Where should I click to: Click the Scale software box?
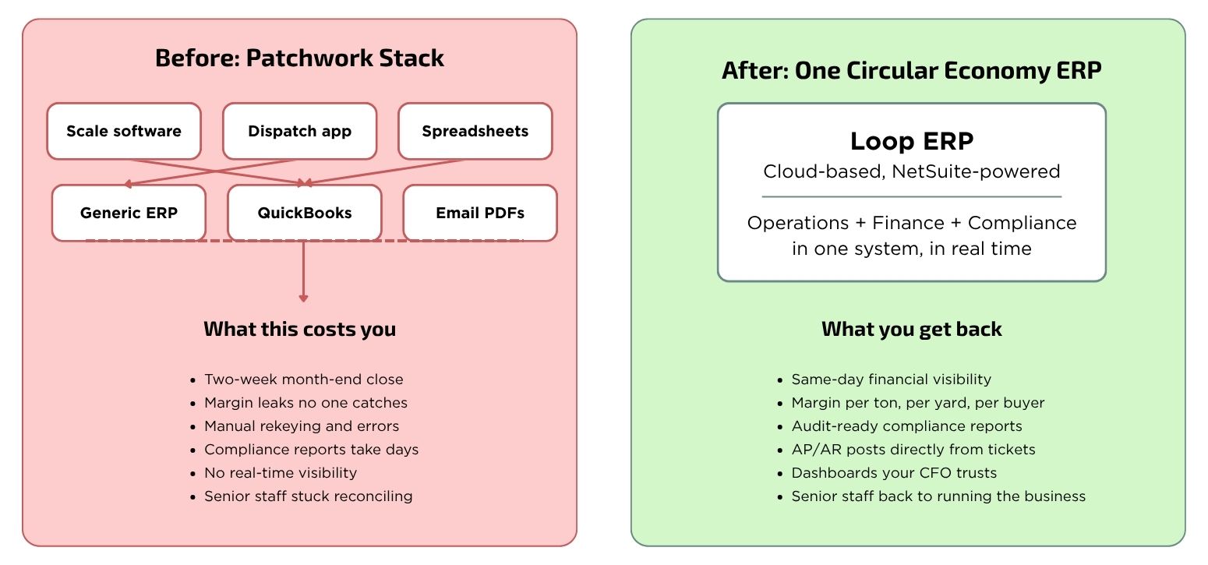pyautogui.click(x=124, y=131)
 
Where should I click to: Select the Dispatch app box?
pyautogui.click(x=300, y=131)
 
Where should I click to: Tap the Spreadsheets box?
pyautogui.click(x=475, y=131)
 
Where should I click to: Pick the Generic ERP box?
pyautogui.click(x=129, y=213)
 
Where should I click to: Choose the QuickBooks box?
pyautogui.click(x=305, y=213)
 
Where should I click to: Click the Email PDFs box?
pyautogui.click(x=480, y=213)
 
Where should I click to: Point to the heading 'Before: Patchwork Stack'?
pyautogui.click(x=299, y=58)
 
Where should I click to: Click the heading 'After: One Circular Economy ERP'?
pyautogui.click(x=911, y=71)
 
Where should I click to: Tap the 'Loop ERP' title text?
pyautogui.click(x=912, y=141)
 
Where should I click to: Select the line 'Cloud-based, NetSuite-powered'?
pyautogui.click(x=911, y=171)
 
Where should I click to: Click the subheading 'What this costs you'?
pyautogui.click(x=299, y=329)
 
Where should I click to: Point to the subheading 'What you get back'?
pyautogui.click(x=911, y=329)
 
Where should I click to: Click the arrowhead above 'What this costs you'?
pyautogui.click(x=303, y=298)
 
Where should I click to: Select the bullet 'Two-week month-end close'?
pyautogui.click(x=304, y=379)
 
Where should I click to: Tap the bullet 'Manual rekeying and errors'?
pyautogui.click(x=302, y=426)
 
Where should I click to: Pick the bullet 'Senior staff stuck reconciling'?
pyautogui.click(x=308, y=496)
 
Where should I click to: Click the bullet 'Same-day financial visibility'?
pyautogui.click(x=891, y=379)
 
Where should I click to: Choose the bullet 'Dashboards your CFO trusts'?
pyautogui.click(x=894, y=473)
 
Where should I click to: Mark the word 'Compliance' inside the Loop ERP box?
pyautogui.click(x=1022, y=223)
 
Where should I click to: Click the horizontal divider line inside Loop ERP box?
pyautogui.click(x=911, y=197)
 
